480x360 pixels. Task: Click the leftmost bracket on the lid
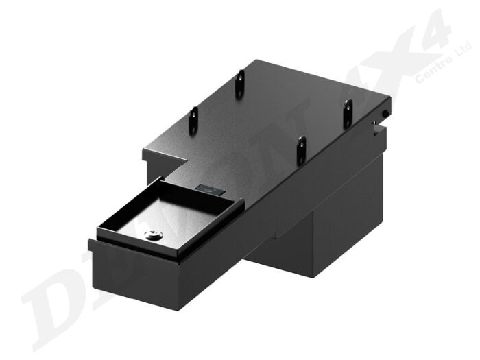195,121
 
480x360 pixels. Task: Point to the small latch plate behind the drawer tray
207,188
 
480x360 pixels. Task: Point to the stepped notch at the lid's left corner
165,159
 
